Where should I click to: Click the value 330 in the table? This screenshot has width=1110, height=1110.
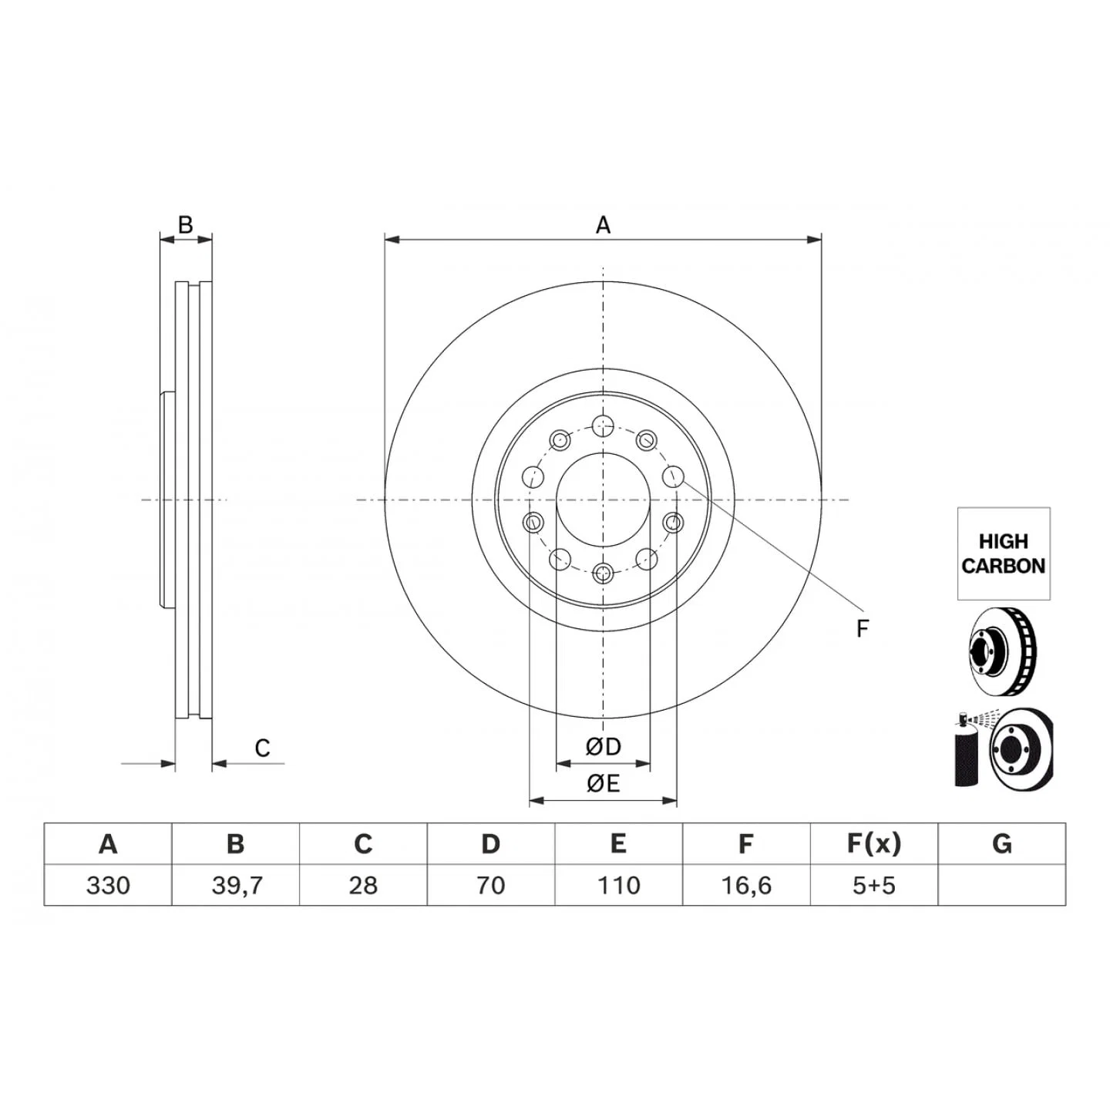coord(108,885)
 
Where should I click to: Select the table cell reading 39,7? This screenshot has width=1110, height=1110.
coord(236,886)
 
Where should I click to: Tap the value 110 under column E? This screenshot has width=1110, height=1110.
coord(619,885)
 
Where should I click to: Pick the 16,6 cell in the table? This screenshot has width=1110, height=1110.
coord(746,886)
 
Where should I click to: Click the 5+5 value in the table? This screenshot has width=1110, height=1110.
coord(874,885)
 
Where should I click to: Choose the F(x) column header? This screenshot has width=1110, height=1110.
coord(874,844)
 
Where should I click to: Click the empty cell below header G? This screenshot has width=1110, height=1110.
coord(1002,885)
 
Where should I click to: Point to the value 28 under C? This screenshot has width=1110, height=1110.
coord(363,885)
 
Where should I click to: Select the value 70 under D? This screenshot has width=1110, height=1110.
coord(491,885)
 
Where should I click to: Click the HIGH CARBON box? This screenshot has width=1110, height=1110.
coord(1004,553)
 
